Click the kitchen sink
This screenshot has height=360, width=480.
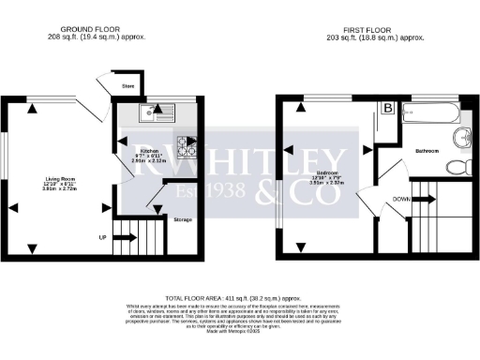click(152, 112)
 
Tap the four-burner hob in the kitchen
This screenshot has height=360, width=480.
click(187, 145)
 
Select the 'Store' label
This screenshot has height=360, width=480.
click(128, 87)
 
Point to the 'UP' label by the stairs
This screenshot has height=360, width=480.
click(102, 238)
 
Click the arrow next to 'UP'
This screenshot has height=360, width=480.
click(123, 238)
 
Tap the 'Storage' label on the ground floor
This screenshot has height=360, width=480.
click(183, 218)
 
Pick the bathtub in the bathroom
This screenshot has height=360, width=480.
click(431, 113)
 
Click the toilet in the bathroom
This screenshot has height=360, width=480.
click(456, 167)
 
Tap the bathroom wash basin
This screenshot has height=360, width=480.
click(459, 139)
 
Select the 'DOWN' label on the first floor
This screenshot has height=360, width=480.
click(400, 199)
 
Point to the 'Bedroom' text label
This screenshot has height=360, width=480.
click(327, 173)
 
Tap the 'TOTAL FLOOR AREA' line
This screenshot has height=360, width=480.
click(240, 294)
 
